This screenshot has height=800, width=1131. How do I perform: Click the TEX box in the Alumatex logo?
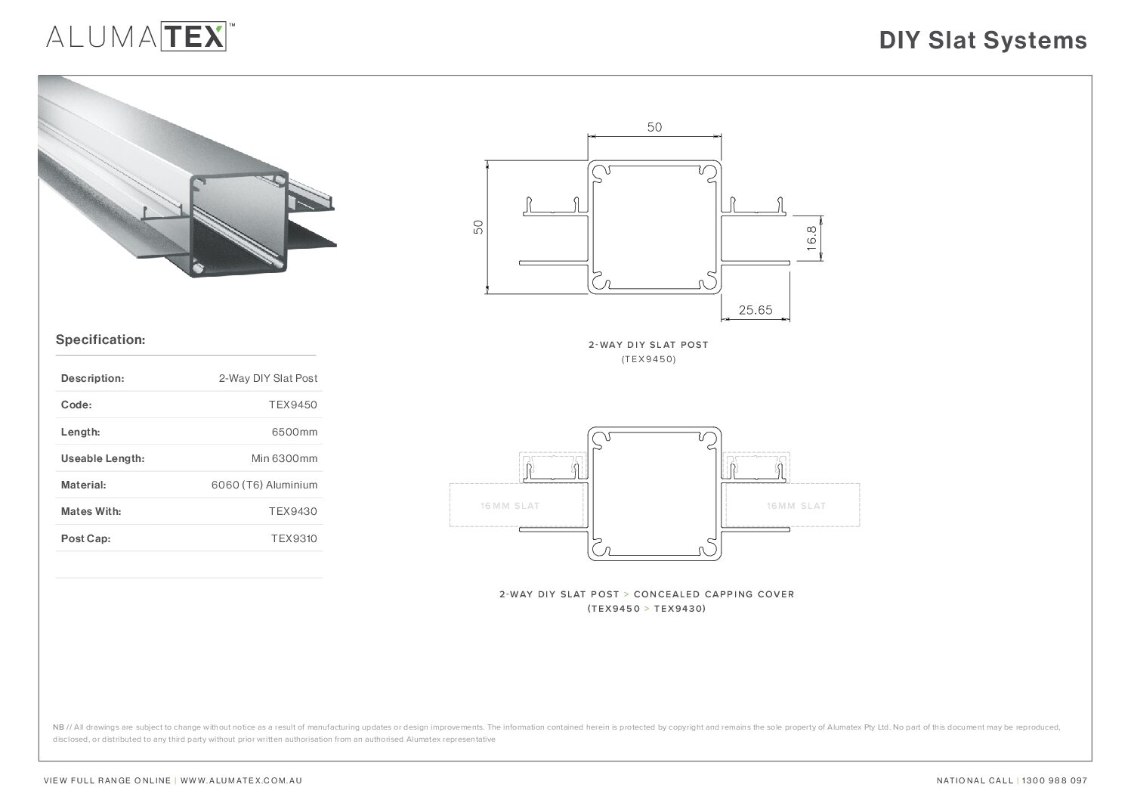click(x=193, y=36)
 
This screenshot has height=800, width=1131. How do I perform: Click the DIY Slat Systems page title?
click(x=983, y=40)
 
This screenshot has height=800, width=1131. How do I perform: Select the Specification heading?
click(x=100, y=340)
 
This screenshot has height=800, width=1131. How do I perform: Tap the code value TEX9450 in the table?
click(x=293, y=405)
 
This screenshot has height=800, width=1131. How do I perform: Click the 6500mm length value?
click(x=295, y=432)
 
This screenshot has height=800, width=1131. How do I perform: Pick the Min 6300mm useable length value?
click(x=284, y=458)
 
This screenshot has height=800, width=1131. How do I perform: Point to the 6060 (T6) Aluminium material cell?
click(x=264, y=485)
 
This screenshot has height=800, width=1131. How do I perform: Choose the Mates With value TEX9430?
click(x=293, y=511)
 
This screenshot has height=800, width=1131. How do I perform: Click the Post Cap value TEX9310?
click(x=294, y=538)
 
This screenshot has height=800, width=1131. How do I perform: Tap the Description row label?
click(x=92, y=379)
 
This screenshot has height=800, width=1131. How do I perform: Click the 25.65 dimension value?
click(x=756, y=310)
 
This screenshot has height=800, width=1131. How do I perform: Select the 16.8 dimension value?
click(x=811, y=238)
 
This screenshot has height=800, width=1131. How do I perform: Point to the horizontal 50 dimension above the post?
click(x=654, y=127)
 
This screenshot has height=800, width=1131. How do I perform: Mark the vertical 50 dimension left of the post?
click(x=478, y=227)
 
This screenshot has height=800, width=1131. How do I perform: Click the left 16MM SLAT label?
click(x=510, y=506)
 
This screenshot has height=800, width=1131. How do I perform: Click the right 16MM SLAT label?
click(x=796, y=506)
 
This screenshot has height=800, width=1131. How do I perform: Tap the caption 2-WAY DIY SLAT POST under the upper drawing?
click(x=648, y=345)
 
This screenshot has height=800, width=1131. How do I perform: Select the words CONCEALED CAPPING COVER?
click(x=714, y=594)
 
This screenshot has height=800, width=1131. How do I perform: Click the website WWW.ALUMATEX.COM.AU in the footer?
click(x=241, y=781)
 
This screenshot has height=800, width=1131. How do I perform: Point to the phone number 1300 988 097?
click(x=1055, y=781)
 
